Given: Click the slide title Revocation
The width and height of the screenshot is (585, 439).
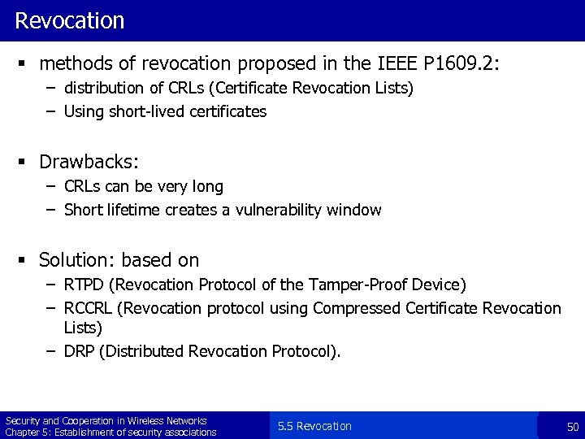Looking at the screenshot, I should tap(70, 20).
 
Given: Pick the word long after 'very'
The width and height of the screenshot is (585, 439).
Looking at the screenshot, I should tap(207, 187).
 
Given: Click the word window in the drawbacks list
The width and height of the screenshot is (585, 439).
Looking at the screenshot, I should tap(353, 210).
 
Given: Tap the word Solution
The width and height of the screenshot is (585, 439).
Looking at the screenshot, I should tap(76, 260).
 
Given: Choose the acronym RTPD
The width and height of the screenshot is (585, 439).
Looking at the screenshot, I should tap(84, 285).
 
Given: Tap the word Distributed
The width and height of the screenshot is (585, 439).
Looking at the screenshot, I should tap(141, 351).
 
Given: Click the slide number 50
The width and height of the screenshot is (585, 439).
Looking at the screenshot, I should tap(573, 426).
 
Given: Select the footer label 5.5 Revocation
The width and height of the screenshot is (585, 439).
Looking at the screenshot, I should tap(314, 426).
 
